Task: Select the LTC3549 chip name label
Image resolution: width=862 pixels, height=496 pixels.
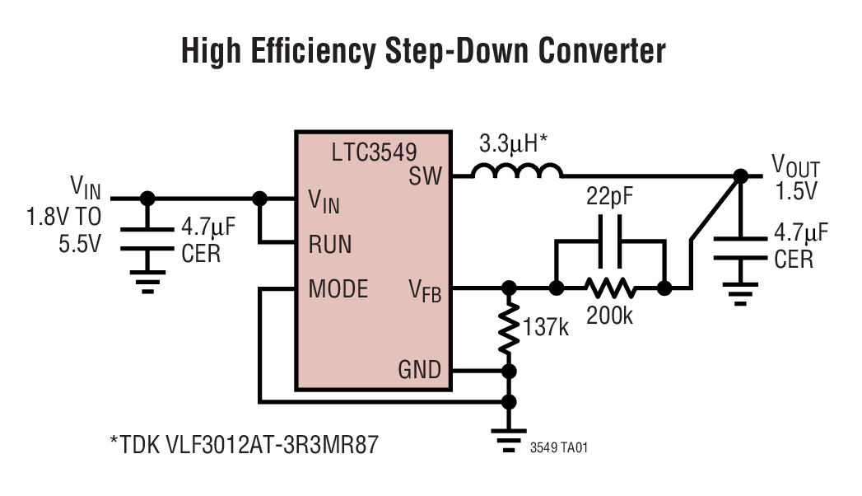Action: tap(374, 153)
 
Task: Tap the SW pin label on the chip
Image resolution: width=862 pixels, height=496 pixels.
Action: tap(425, 175)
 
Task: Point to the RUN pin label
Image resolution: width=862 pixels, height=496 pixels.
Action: tap(330, 244)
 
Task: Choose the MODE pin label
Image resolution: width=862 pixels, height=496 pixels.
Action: tap(338, 289)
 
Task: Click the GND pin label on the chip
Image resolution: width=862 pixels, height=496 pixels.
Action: tap(419, 369)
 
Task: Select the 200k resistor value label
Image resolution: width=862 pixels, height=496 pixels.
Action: tap(609, 315)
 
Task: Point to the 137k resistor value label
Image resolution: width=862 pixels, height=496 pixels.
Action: tap(546, 327)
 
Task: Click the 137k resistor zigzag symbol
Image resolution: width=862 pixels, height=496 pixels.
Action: tap(510, 327)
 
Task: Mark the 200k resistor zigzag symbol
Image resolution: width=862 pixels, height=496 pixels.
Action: tap(609, 288)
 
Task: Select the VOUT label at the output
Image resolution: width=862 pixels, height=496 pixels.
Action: tap(794, 168)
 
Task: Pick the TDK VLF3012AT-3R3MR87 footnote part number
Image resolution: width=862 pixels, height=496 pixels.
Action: tap(245, 445)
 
